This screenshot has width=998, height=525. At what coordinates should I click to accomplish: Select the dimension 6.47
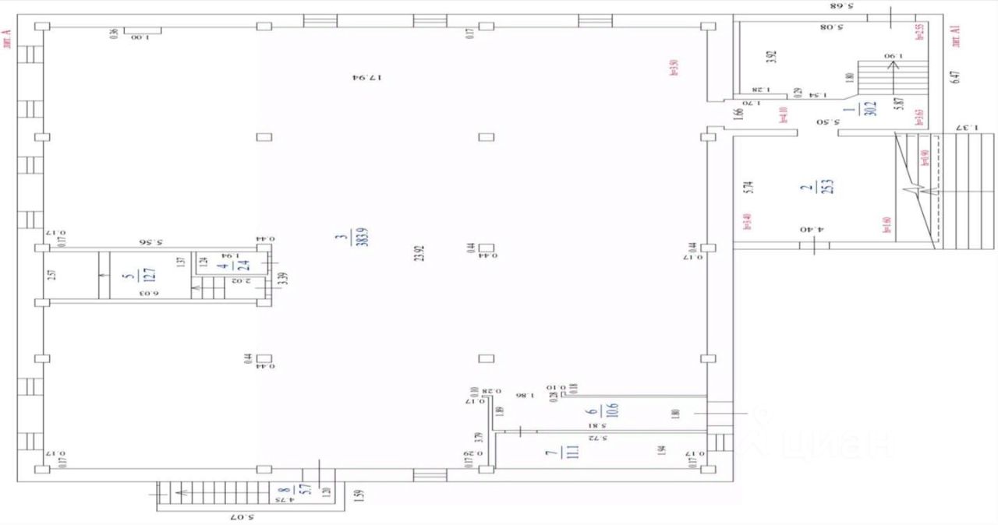956,77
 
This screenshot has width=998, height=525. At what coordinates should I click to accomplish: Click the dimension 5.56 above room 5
165,241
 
